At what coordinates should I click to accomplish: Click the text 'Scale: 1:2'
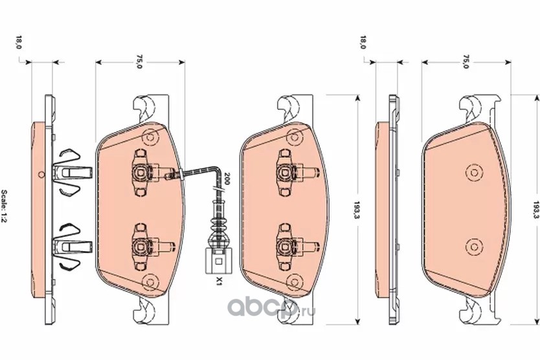tap(5, 207)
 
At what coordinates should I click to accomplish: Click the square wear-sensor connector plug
tap(218, 261)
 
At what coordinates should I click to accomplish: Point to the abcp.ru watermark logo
tap(271, 308)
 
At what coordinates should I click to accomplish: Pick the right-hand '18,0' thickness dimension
tap(363, 42)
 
